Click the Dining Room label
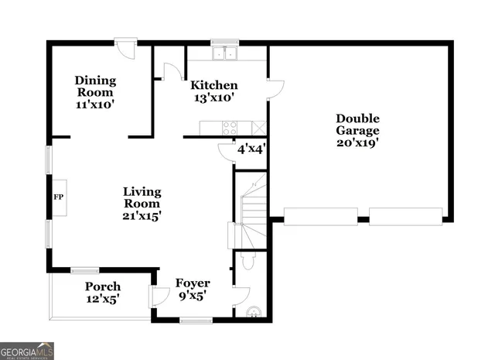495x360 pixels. [x=95, y=91]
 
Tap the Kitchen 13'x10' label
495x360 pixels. [x=213, y=91]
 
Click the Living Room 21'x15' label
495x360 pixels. [x=142, y=203]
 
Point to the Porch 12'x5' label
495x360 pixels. [x=102, y=293]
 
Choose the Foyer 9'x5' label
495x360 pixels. [x=193, y=289]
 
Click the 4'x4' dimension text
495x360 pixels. [x=251, y=148]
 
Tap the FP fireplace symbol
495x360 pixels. [x=58, y=197]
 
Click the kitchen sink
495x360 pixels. [x=225, y=53]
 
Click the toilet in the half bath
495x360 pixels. [x=246, y=262]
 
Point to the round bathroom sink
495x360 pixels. [x=251, y=312]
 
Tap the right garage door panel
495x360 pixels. [x=405, y=216]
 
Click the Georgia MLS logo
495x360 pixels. [x=27, y=350]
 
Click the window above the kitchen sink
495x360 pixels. [x=225, y=42]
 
